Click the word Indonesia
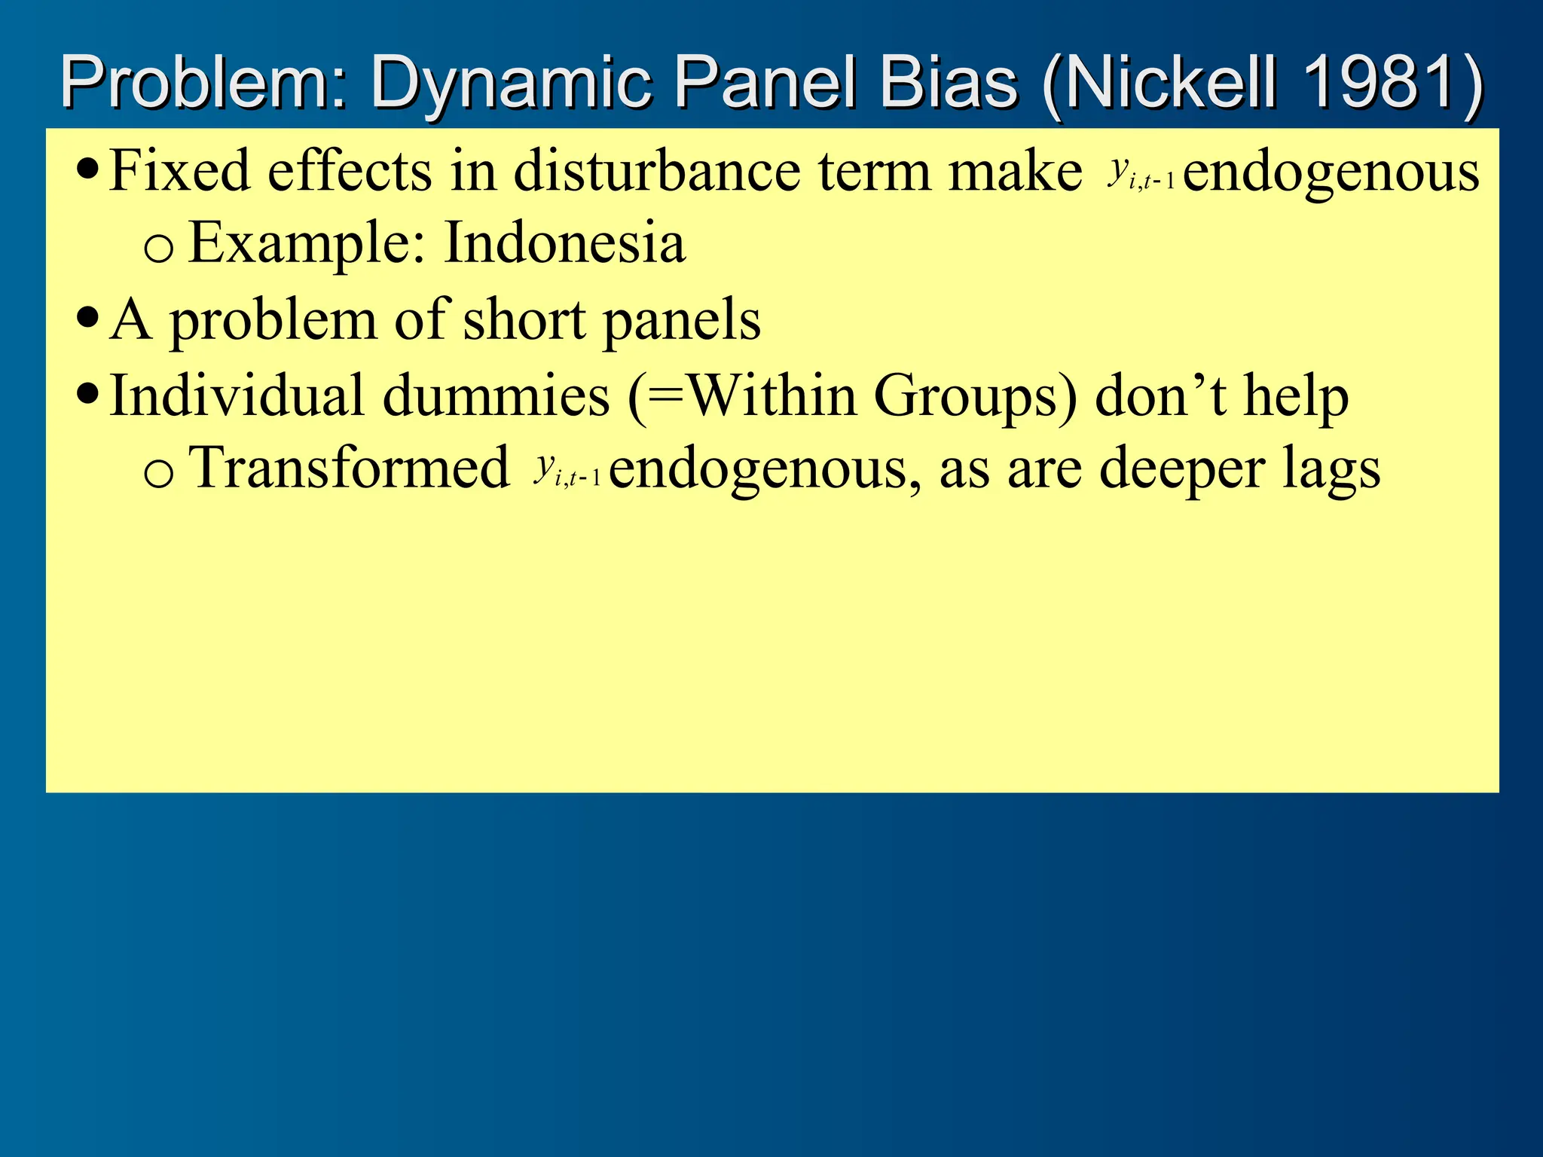pos(564,243)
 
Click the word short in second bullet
pos(524,319)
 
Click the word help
pos(1295,396)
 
